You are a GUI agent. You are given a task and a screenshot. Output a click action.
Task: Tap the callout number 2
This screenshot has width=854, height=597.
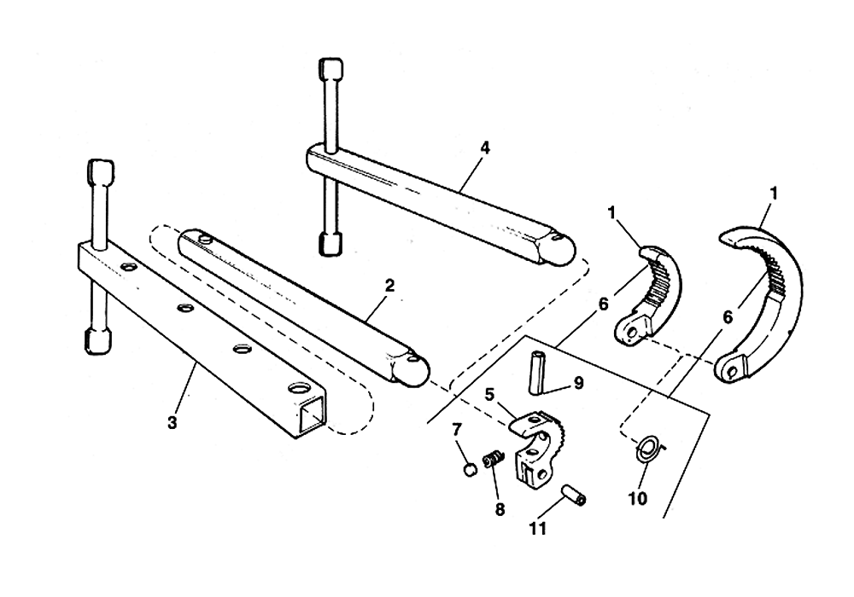coord(389,286)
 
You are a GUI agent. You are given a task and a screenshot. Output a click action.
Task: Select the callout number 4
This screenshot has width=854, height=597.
coord(484,148)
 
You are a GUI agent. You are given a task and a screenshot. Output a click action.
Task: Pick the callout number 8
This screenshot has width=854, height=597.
coord(500,509)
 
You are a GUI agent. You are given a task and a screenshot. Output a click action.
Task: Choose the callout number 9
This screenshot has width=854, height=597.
coord(578,384)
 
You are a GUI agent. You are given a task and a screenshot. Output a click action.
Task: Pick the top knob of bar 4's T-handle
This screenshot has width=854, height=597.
coord(330,68)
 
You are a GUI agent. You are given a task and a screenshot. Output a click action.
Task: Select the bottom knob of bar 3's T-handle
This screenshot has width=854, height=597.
coord(97,341)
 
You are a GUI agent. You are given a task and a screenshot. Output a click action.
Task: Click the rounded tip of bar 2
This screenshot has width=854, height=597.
coord(415,368)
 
